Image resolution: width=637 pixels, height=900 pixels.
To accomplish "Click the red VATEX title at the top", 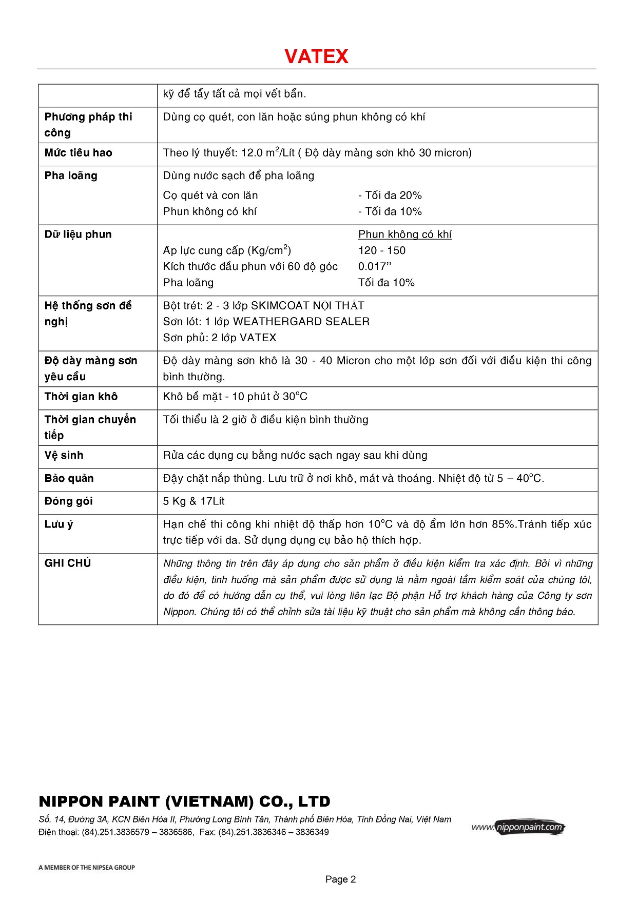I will [316, 56].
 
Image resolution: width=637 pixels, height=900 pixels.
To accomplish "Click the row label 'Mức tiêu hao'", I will [78, 153].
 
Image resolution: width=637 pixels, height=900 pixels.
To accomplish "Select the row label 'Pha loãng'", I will [71, 176].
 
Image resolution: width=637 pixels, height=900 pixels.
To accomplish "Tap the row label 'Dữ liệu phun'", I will [78, 234].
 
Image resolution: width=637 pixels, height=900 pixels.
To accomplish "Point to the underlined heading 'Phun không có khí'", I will [404, 234].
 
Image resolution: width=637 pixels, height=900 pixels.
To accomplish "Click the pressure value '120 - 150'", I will [381, 250].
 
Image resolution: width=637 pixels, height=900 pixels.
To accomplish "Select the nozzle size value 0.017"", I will [374, 266].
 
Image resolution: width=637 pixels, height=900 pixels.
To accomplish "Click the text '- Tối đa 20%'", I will [390, 195].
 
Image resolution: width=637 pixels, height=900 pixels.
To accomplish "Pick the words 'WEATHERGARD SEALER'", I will [301, 322].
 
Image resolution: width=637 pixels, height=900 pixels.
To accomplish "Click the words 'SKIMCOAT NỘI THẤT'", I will [307, 306].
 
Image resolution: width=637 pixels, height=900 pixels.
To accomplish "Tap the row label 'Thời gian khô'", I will [81, 397].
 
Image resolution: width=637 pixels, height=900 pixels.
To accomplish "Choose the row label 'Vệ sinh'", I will [64, 456].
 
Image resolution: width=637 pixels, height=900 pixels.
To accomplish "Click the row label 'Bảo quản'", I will [69, 479].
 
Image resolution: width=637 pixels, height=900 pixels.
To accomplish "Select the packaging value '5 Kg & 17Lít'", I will [194, 501].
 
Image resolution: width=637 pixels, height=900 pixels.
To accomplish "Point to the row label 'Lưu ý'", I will [59, 524].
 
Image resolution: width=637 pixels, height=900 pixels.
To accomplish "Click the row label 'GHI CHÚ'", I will [67, 563].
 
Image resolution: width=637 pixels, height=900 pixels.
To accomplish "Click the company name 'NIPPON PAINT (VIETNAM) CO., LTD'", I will [184, 801].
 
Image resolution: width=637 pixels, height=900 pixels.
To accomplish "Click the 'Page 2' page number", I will [340, 879].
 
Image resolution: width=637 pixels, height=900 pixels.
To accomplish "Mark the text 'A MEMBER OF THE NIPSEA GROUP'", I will [86, 868].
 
